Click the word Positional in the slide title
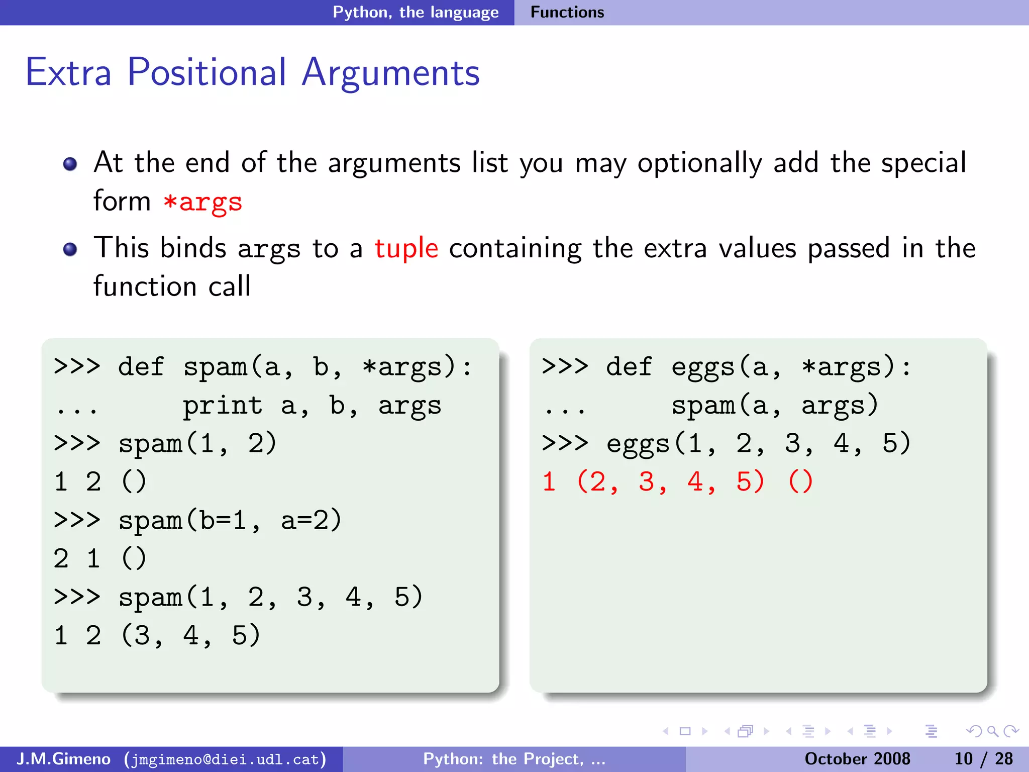(x=207, y=73)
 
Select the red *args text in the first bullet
(x=203, y=203)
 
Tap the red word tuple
(x=406, y=248)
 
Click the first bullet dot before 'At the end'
(x=70, y=164)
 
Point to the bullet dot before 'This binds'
(x=70, y=249)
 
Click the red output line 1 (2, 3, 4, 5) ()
(x=677, y=481)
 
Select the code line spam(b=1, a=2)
(x=230, y=520)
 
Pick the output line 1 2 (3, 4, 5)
(x=157, y=635)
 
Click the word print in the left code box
(x=222, y=406)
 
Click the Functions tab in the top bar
(x=567, y=12)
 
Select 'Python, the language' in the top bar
(x=416, y=12)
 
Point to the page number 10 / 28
(x=983, y=758)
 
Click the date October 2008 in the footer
(x=857, y=758)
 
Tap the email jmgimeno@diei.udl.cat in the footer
(x=226, y=759)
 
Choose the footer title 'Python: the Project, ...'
(x=514, y=758)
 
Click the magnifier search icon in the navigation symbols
(x=992, y=731)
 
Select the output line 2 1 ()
(x=100, y=558)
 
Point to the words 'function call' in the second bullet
(x=172, y=286)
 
